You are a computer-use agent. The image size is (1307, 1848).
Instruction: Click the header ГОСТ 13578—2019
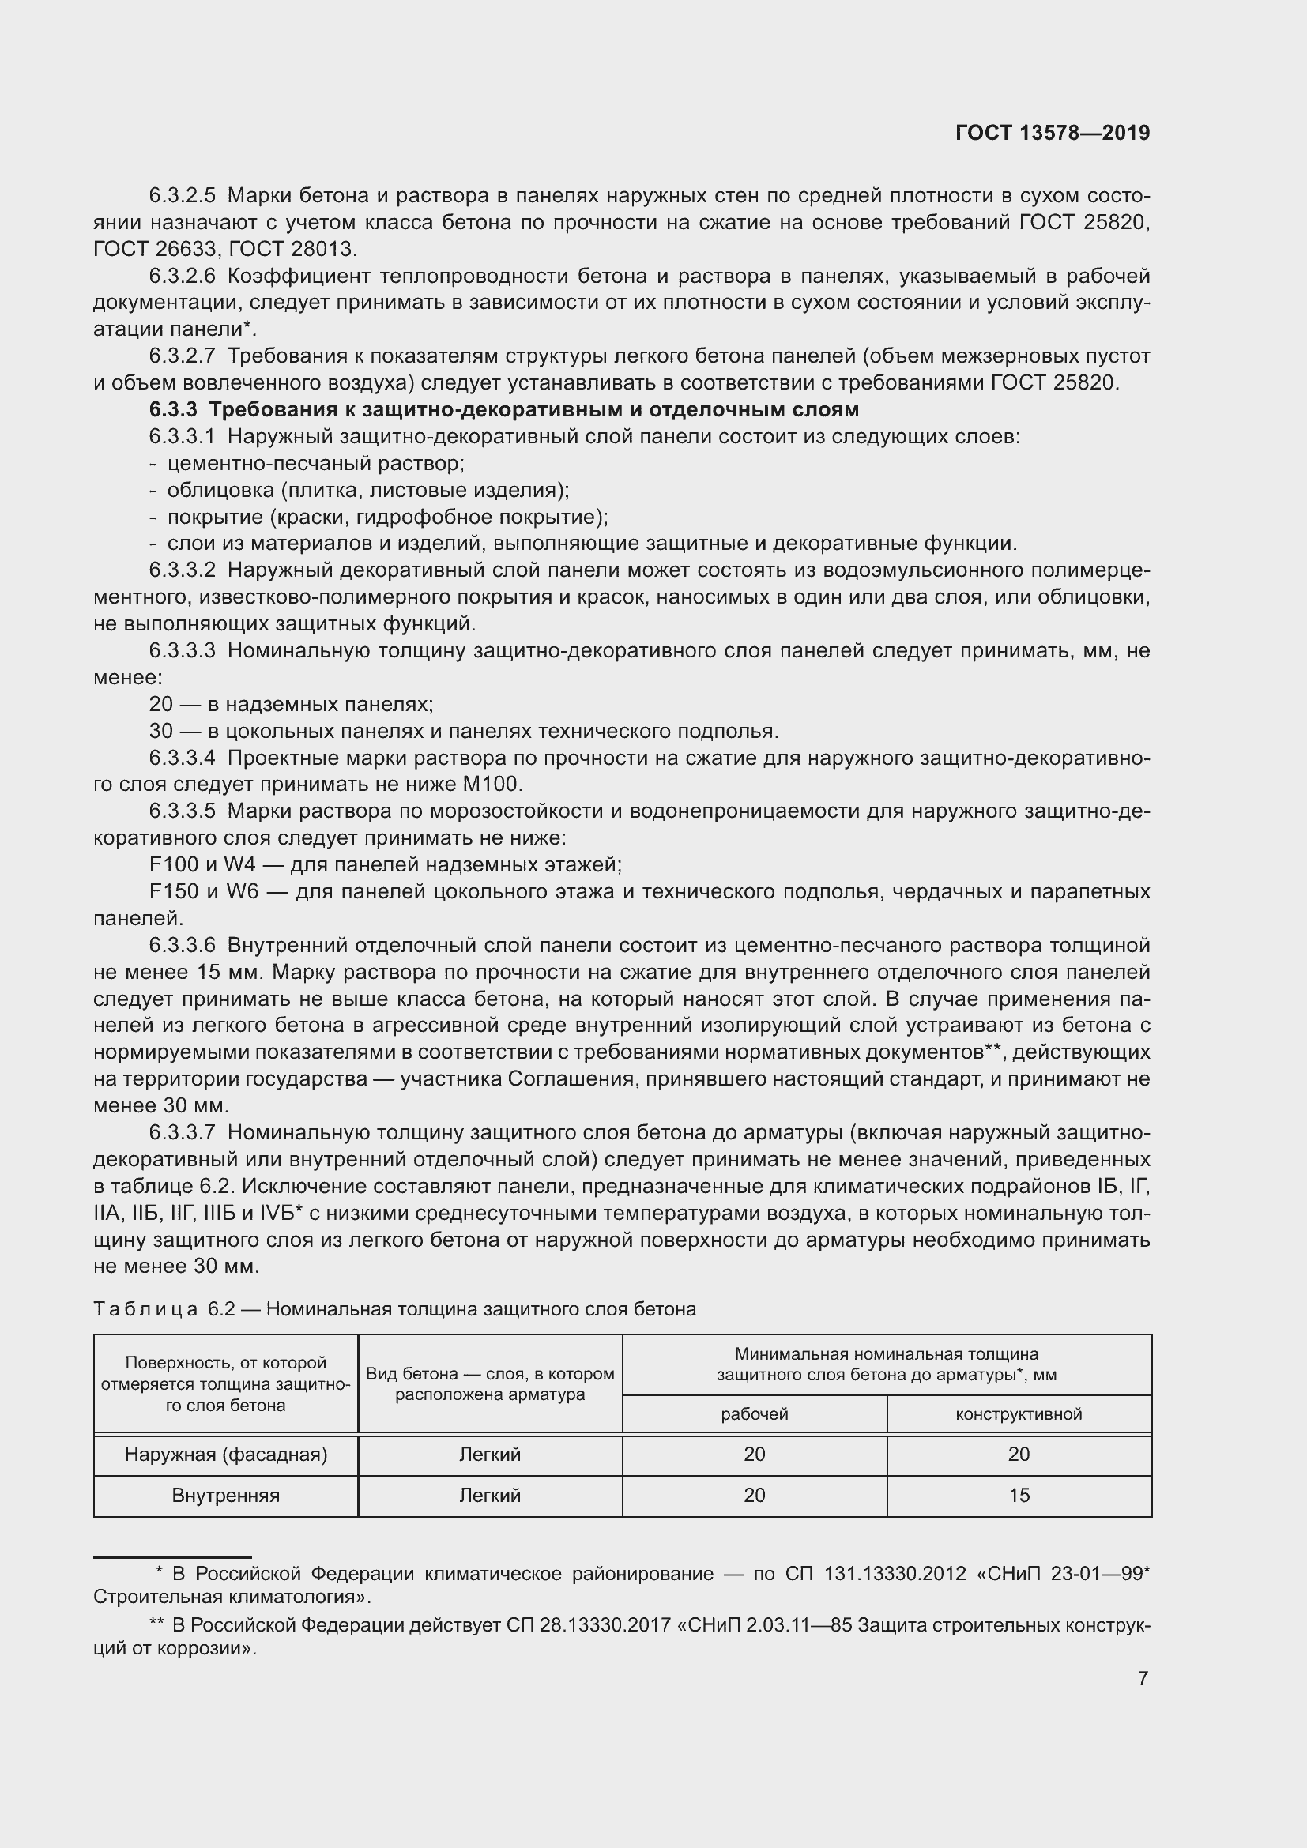coord(1052,133)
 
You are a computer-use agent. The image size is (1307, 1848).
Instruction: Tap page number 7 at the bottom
coord(1143,1678)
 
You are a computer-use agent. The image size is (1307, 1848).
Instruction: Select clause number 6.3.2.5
coord(182,196)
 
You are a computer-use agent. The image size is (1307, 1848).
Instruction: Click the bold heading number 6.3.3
coord(172,410)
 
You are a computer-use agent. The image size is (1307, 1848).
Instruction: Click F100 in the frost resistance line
coord(174,864)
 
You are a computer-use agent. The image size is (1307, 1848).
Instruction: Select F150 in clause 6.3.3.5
coord(174,892)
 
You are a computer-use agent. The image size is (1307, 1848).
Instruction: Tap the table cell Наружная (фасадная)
coord(225,1455)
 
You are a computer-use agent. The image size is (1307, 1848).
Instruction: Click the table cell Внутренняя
coord(225,1496)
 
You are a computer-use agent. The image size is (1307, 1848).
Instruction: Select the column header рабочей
coord(754,1414)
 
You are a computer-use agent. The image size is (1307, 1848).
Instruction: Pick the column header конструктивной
coord(1018,1414)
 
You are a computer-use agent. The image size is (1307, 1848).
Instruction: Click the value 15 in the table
coord(1018,1496)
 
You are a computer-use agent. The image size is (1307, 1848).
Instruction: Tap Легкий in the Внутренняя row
coord(489,1496)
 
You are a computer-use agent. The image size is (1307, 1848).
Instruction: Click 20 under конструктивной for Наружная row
coord(1018,1455)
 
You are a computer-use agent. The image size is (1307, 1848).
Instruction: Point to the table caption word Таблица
coord(145,1309)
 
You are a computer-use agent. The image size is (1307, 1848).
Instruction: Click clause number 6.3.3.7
coord(182,1132)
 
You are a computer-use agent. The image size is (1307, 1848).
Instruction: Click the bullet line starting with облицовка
coord(367,490)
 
